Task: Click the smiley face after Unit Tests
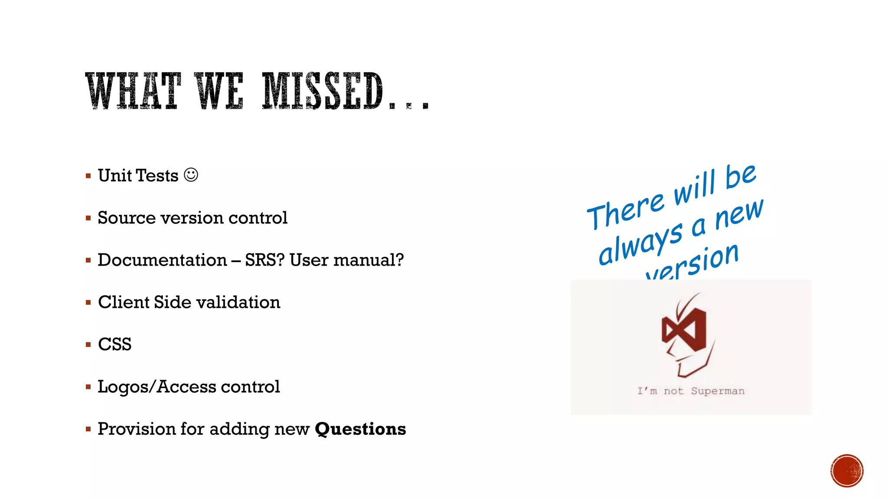[x=191, y=175]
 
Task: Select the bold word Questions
[x=360, y=429]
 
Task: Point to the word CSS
[x=114, y=345]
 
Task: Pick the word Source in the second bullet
[x=126, y=218]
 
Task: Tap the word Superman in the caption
[x=718, y=391]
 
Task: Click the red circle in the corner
[x=847, y=471]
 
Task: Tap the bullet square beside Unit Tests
[x=88, y=176]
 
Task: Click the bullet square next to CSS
[x=88, y=345]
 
